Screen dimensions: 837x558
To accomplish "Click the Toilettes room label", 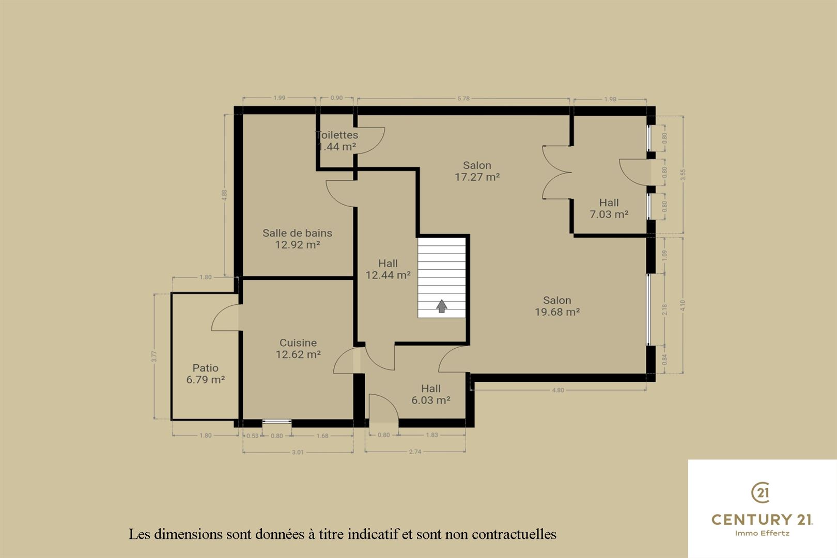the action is pyautogui.click(x=337, y=135).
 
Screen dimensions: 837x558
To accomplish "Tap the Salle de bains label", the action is pyautogui.click(x=297, y=233).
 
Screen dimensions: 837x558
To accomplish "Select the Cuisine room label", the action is pyautogui.click(x=298, y=343).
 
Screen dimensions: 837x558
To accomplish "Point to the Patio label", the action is pyautogui.click(x=205, y=368).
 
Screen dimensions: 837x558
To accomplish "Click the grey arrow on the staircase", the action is pyautogui.click(x=442, y=306).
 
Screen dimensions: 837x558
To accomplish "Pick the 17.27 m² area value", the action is pyautogui.click(x=477, y=177).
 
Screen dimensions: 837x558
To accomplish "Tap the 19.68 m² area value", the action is pyautogui.click(x=557, y=312).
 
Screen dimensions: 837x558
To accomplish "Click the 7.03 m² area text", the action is pyautogui.click(x=609, y=214).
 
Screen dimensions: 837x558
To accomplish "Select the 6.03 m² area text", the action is pyautogui.click(x=431, y=400).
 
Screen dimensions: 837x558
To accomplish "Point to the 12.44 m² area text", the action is pyautogui.click(x=388, y=275).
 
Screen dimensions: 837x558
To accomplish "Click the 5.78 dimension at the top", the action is pyautogui.click(x=463, y=99).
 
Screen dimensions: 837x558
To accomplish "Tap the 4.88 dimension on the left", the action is pyautogui.click(x=224, y=195).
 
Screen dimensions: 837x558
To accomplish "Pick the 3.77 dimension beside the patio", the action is pyautogui.click(x=154, y=356).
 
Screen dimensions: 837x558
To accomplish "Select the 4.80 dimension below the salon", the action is pyautogui.click(x=558, y=390).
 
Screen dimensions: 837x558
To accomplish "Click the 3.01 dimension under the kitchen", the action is pyautogui.click(x=298, y=452).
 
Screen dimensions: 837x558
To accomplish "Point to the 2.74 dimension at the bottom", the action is pyautogui.click(x=415, y=452).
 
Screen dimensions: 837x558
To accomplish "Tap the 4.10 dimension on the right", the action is pyautogui.click(x=683, y=306).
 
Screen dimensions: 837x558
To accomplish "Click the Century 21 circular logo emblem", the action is pyautogui.click(x=761, y=492).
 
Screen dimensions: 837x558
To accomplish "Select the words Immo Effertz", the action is pyautogui.click(x=762, y=533).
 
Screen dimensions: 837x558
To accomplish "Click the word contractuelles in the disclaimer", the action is pyautogui.click(x=514, y=534).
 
